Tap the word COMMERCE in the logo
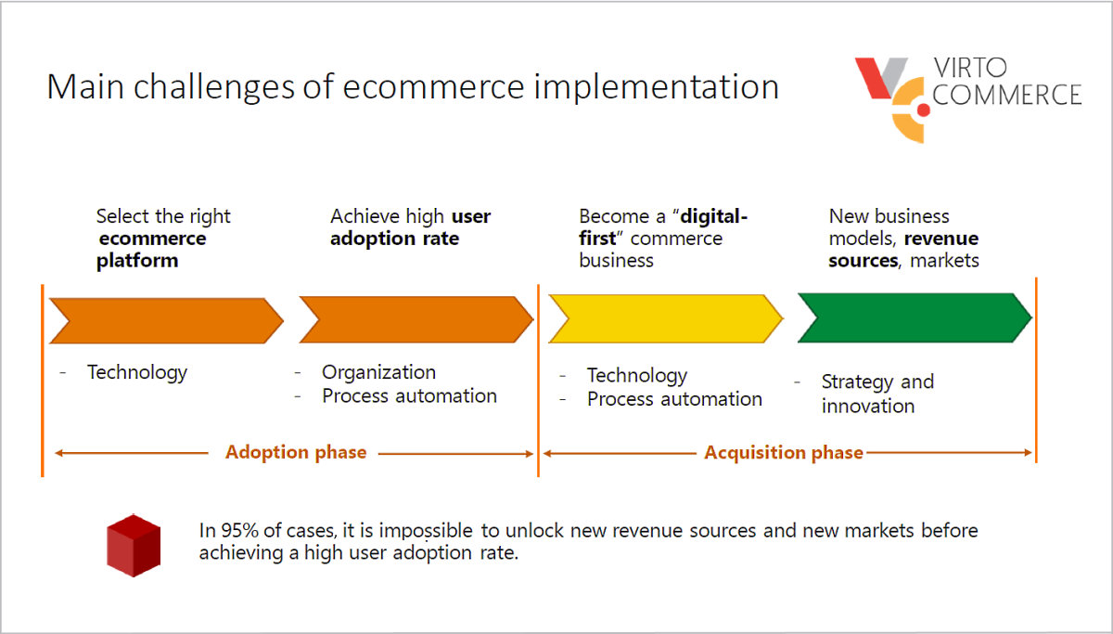(1006, 95)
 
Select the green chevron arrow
(914, 317)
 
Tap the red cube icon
(133, 545)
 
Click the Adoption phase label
(296, 453)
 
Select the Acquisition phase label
(784, 453)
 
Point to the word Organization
(378, 372)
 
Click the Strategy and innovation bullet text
(876, 394)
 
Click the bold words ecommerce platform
(151, 250)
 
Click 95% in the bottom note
(240, 531)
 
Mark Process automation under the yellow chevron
(674, 399)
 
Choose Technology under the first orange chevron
(137, 372)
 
